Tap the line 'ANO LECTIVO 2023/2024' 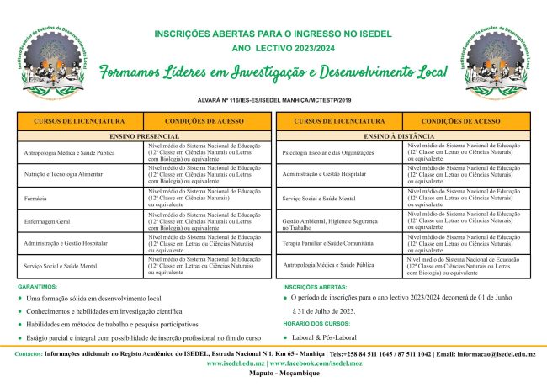[x=273, y=49]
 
